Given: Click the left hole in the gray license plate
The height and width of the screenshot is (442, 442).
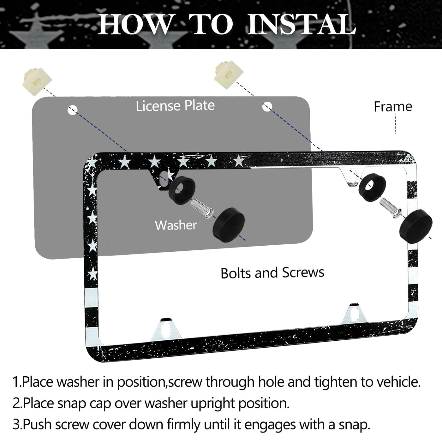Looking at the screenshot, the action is (x=73, y=110).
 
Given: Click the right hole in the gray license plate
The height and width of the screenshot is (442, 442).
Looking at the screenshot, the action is (x=267, y=106).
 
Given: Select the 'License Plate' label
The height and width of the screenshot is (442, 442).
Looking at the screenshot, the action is (x=175, y=106).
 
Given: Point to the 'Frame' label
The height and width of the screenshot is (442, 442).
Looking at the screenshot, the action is (x=393, y=107).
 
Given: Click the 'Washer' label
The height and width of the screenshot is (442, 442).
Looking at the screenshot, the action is (x=176, y=225).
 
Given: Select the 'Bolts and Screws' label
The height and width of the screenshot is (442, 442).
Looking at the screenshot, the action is (x=272, y=273).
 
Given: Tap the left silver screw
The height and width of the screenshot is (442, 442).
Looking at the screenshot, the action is (x=202, y=209).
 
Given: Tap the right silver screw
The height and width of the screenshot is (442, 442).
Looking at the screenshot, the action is (x=391, y=208).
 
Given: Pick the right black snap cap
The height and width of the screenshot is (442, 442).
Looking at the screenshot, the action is (x=416, y=225).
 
